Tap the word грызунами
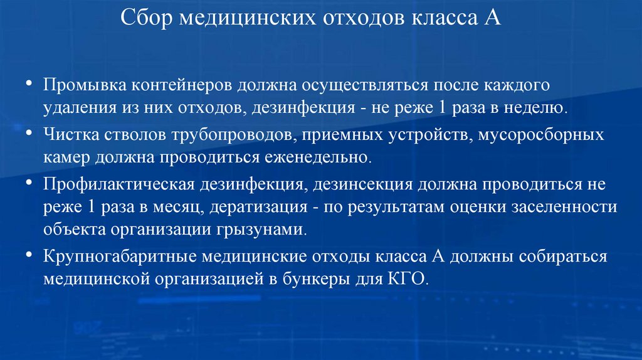click(262, 230)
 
